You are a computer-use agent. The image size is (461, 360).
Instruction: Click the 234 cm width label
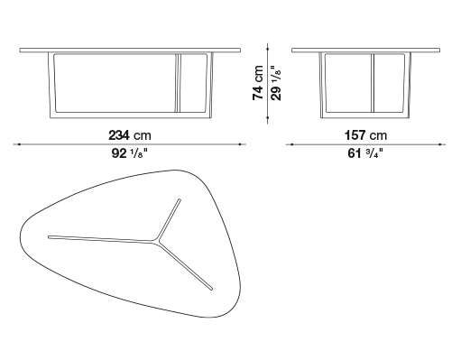(130, 135)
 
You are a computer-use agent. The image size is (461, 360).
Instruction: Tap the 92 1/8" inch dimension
(130, 153)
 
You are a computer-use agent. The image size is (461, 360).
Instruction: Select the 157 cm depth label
(365, 135)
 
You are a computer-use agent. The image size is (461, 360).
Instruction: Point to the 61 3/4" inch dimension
(365, 153)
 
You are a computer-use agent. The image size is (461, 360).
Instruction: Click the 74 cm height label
(258, 83)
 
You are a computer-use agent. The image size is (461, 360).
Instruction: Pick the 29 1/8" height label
(276, 83)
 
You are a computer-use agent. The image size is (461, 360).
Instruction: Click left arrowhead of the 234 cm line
(19, 144)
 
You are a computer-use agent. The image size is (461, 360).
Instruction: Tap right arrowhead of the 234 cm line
(241, 144)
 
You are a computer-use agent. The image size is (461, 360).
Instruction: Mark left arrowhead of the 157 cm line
(291, 144)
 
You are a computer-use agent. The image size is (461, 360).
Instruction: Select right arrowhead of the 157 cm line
(440, 144)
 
